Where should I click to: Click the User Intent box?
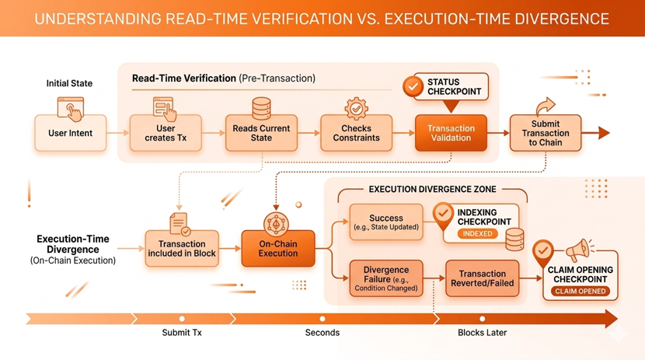click(70, 133)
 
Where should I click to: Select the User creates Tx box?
click(166, 133)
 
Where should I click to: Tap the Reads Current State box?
click(261, 133)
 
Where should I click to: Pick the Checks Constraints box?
click(356, 133)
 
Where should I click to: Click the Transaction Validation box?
click(451, 133)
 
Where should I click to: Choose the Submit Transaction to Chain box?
click(545, 133)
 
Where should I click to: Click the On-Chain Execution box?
click(277, 248)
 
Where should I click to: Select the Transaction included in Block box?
click(181, 248)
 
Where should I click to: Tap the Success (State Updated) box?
click(386, 222)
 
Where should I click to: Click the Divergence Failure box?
click(386, 278)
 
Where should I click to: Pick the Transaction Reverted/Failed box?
click(482, 278)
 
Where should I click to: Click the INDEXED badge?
click(477, 233)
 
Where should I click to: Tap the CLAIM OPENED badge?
click(580, 292)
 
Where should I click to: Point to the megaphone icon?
click(577, 250)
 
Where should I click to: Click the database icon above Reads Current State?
click(261, 108)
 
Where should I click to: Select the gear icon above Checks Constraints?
click(356, 108)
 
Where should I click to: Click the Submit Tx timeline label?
click(182, 333)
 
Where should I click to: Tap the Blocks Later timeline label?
click(482, 333)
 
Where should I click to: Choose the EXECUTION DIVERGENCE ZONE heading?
click(432, 189)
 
